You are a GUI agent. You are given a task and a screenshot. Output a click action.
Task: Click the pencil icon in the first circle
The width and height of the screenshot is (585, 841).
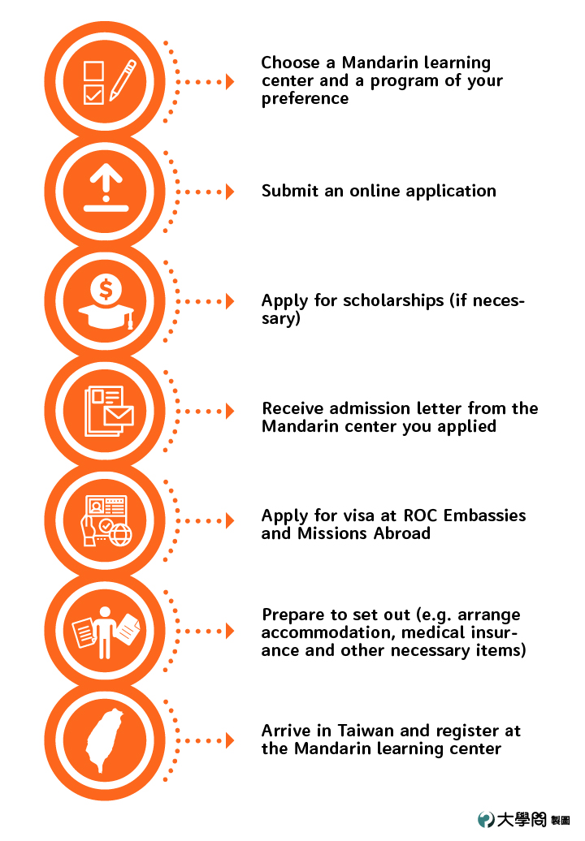(123, 80)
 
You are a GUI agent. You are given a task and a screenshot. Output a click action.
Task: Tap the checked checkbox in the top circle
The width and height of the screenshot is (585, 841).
(93, 94)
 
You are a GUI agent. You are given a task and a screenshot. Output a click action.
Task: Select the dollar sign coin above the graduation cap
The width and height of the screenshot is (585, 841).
(106, 289)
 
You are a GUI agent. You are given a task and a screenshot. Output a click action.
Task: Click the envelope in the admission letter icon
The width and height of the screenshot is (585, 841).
(119, 416)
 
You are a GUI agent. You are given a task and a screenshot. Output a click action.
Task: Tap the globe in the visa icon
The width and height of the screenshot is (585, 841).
(120, 535)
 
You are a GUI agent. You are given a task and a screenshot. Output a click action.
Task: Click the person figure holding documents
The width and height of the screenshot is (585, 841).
(105, 632)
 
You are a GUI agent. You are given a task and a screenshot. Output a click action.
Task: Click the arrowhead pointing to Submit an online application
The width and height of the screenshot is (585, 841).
(230, 192)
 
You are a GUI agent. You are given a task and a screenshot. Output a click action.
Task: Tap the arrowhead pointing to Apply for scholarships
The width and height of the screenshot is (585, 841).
(230, 301)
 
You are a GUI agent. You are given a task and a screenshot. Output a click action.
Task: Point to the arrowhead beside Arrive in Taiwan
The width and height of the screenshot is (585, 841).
(230, 740)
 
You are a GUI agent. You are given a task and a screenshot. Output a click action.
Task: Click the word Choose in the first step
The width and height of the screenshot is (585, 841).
(290, 63)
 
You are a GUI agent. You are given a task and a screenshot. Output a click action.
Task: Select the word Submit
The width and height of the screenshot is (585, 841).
(290, 191)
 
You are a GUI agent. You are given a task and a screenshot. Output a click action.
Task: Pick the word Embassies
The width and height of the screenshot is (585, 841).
(484, 515)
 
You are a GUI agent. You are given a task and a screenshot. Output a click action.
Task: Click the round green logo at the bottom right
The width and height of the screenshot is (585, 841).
(486, 819)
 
